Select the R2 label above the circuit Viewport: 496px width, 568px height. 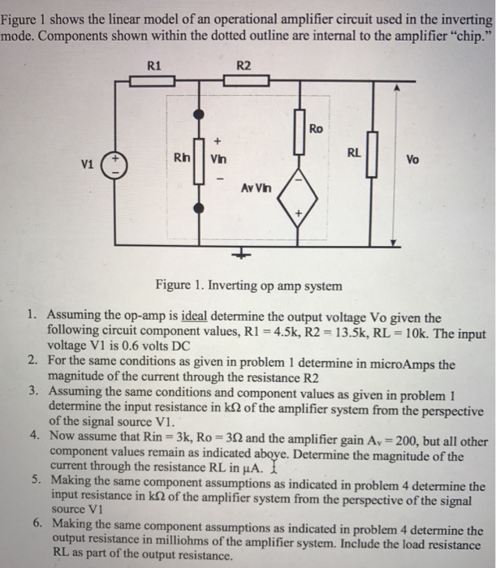tap(244, 64)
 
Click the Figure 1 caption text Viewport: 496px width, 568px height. tap(249, 286)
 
